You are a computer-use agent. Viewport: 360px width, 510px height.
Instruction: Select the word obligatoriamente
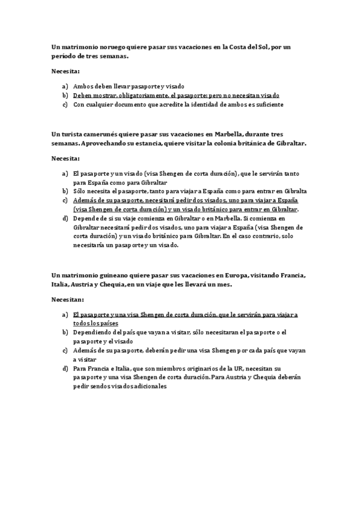(136, 95)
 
